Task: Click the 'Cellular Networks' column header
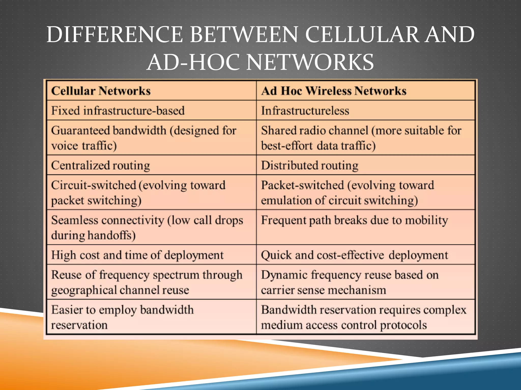(101, 91)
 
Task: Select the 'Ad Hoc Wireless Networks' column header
(334, 91)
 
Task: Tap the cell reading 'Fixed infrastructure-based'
(118, 111)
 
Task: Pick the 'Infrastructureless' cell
(305, 111)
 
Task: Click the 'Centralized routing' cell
(100, 166)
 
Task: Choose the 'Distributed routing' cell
(310, 166)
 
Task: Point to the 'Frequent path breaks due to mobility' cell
(354, 220)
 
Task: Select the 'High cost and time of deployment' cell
(137, 255)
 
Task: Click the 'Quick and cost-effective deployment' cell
(354, 255)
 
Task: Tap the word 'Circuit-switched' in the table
(94, 185)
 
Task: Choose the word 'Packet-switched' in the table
(302, 185)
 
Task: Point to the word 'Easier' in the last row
(67, 310)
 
